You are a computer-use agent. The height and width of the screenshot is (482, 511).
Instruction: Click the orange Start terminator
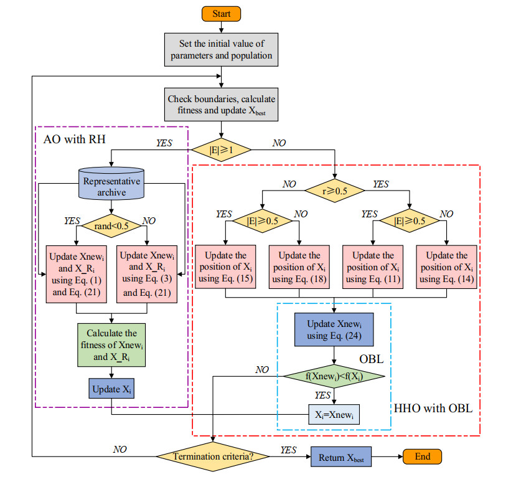pyautogui.click(x=223, y=13)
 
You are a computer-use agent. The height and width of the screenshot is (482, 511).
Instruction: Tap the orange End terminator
pyautogui.click(x=423, y=456)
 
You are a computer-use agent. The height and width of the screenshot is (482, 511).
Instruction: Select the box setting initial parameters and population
pyautogui.click(x=223, y=50)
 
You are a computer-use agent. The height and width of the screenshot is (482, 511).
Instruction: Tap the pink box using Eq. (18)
pyautogui.click(x=299, y=267)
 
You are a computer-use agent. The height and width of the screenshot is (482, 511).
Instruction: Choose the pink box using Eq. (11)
pyautogui.click(x=373, y=267)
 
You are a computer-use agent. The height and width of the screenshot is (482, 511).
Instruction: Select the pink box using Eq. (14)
pyautogui.click(x=447, y=267)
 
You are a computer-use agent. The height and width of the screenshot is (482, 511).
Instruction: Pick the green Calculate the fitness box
pyautogui.click(x=111, y=344)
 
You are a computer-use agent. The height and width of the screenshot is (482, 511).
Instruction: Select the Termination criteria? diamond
pyautogui.click(x=213, y=456)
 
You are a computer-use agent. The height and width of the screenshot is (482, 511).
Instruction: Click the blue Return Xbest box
pyautogui.click(x=340, y=456)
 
